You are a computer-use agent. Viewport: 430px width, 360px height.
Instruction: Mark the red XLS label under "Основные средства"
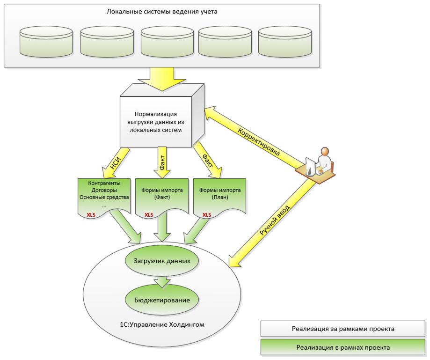[91, 214]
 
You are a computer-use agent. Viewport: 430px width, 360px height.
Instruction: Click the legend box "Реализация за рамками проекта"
[343, 329]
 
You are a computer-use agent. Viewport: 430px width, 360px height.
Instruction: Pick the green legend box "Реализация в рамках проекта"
[343, 347]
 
